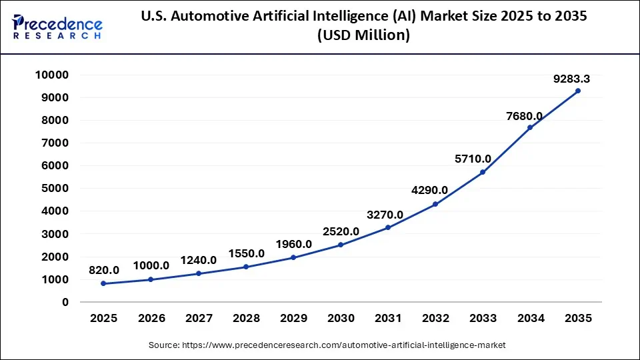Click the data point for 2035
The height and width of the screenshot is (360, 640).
tap(578, 91)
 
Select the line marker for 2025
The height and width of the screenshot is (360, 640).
tap(103, 283)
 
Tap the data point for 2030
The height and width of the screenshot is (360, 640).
tap(341, 245)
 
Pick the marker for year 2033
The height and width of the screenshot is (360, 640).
tap(483, 172)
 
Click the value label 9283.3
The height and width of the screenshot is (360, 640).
tap(571, 79)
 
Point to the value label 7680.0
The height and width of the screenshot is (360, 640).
tap(524, 115)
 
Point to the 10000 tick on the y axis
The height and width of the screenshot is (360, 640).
tap(52, 75)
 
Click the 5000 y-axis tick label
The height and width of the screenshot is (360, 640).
tap(55, 189)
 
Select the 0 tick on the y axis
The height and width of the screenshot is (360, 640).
tap(65, 302)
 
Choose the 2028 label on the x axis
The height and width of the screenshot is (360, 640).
tap(245, 319)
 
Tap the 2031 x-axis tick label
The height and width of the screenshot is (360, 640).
tap(388, 319)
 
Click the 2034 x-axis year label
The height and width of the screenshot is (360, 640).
tap(530, 319)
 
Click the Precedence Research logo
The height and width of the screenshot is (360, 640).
tap(57, 27)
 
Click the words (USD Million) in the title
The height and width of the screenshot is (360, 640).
tap(363, 36)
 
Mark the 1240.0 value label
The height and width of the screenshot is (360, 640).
tap(198, 260)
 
